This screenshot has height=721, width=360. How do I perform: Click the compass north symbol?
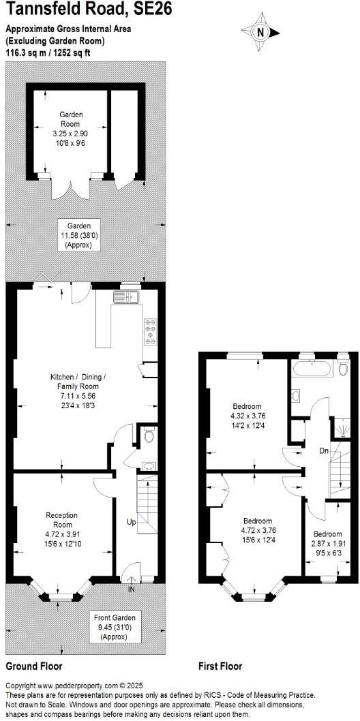click(x=260, y=31)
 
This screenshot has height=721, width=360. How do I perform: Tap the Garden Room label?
click(x=70, y=120)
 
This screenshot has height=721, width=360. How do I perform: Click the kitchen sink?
click(x=127, y=296)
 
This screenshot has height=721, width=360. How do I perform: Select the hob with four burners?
click(x=150, y=331)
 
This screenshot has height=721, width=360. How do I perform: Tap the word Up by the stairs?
click(x=130, y=521)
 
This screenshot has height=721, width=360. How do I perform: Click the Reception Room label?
click(x=61, y=519)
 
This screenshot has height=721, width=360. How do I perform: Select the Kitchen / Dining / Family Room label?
click(x=78, y=382)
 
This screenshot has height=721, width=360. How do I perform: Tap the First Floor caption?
click(x=220, y=666)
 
